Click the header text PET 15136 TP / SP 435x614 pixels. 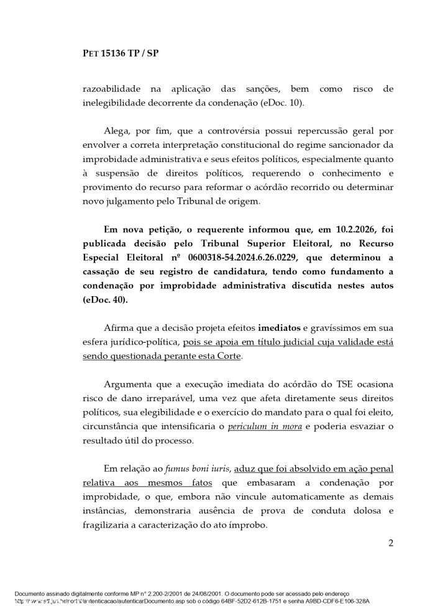(121, 53)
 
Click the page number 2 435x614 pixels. (391, 544)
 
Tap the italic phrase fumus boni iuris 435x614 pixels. (199, 469)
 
